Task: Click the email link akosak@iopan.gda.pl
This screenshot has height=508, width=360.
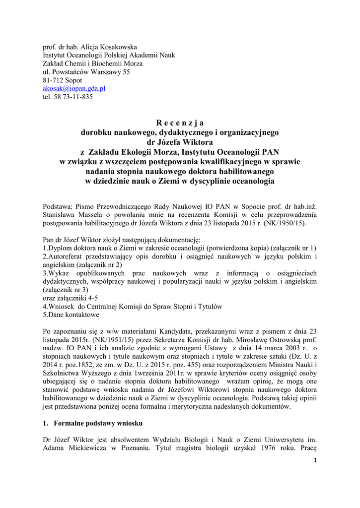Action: click(x=74, y=88)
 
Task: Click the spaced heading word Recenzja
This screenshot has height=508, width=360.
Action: click(x=180, y=123)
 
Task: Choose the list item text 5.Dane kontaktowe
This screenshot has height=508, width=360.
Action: click(x=71, y=315)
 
